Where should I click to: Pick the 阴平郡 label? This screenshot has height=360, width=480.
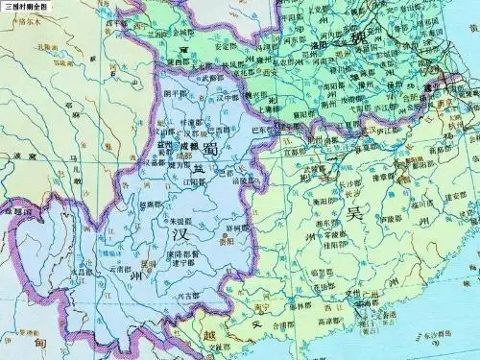click(x=176, y=94)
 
